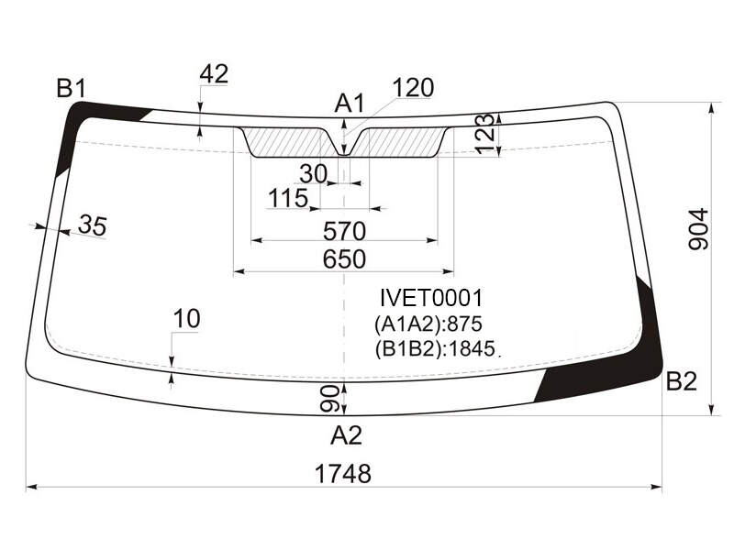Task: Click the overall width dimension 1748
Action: coord(343,473)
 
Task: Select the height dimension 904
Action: coord(698,229)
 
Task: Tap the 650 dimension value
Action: coord(344,258)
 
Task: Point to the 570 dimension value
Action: coord(345,231)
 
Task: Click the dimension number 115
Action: coord(288,198)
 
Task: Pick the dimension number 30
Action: coord(313,174)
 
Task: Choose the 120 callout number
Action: coord(413,87)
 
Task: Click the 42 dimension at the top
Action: coord(214,74)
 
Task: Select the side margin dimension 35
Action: coord(93,225)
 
